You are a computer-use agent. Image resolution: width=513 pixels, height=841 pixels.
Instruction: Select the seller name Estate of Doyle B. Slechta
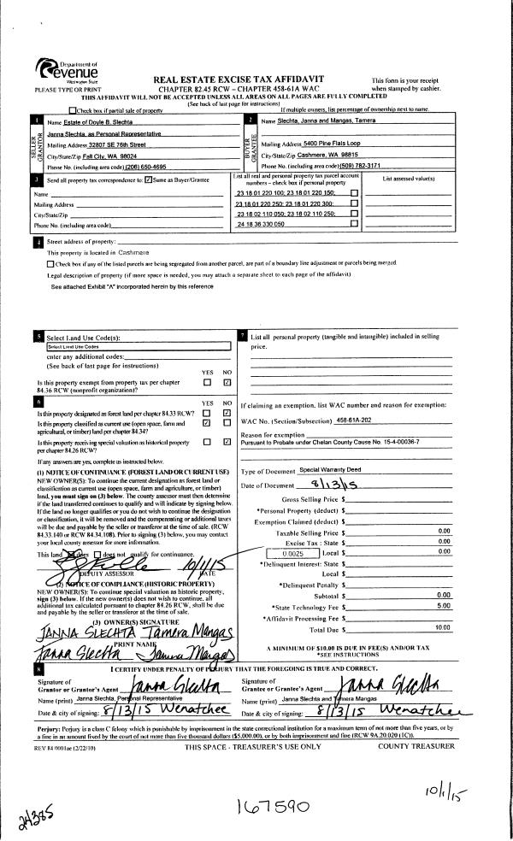(85, 124)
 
